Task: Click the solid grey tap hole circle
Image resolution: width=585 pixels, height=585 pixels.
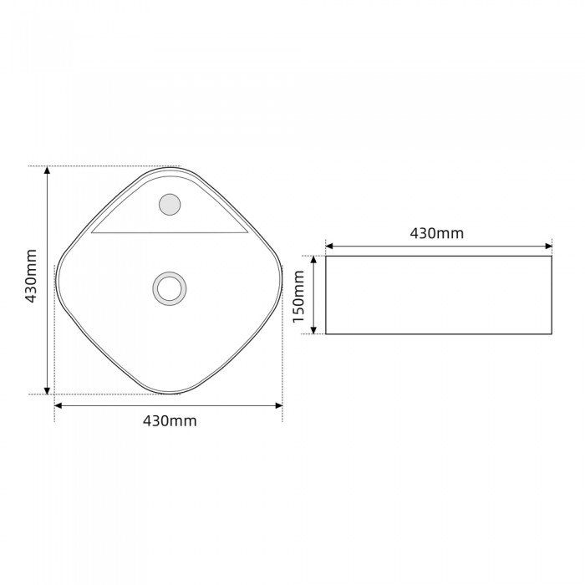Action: (x=170, y=204)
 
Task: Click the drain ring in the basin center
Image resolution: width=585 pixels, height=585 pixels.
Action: (x=170, y=288)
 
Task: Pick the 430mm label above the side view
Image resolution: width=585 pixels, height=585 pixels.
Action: (x=436, y=233)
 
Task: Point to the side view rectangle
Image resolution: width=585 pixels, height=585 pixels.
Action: (x=438, y=295)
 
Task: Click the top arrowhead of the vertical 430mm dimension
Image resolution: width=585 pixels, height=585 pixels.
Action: (x=48, y=170)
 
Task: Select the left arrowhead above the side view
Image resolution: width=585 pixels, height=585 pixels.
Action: (x=329, y=247)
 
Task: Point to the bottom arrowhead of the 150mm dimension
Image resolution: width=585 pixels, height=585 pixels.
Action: (x=314, y=330)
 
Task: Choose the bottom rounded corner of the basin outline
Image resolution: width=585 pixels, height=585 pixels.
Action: (x=170, y=391)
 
